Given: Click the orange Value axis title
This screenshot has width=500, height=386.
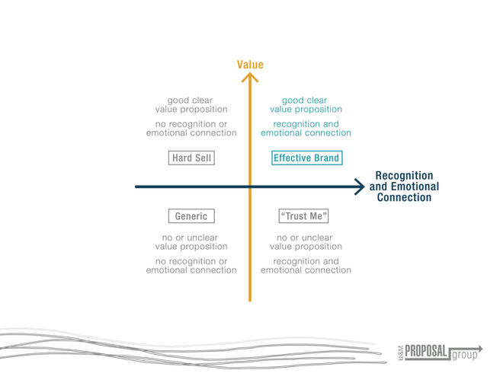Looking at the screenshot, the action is pyautogui.click(x=250, y=65).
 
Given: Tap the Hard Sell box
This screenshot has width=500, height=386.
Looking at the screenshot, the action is pyautogui.click(x=191, y=158).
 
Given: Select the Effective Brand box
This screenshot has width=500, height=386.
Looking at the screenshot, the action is pyautogui.click(x=306, y=158).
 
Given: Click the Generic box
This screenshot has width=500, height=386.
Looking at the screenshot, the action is pyautogui.click(x=191, y=216).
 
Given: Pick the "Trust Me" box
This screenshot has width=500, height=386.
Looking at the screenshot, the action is pyautogui.click(x=303, y=216).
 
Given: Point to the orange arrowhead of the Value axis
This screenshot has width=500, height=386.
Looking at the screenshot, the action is pyautogui.click(x=249, y=78).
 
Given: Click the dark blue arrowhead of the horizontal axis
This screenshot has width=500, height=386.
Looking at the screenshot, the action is pyautogui.click(x=359, y=186).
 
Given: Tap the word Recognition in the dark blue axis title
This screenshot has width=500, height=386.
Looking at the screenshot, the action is pyautogui.click(x=404, y=175).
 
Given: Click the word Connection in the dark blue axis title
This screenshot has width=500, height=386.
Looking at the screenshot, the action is pyautogui.click(x=404, y=198).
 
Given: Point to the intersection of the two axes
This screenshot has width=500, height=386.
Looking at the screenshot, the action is pyautogui.click(x=249, y=186).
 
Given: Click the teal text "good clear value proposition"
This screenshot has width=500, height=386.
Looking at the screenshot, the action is pyautogui.click(x=305, y=104).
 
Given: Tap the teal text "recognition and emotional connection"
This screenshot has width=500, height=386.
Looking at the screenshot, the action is pyautogui.click(x=305, y=128).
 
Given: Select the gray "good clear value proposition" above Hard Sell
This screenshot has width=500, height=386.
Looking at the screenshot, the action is pyautogui.click(x=191, y=104).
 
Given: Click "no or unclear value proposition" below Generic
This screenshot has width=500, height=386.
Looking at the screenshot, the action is pyautogui.click(x=191, y=242).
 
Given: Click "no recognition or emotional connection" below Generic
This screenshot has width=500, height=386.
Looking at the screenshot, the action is pyautogui.click(x=191, y=266).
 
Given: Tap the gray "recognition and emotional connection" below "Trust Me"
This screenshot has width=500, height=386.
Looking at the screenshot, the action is pyautogui.click(x=305, y=266).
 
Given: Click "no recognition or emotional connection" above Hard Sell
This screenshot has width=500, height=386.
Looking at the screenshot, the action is pyautogui.click(x=191, y=128).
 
